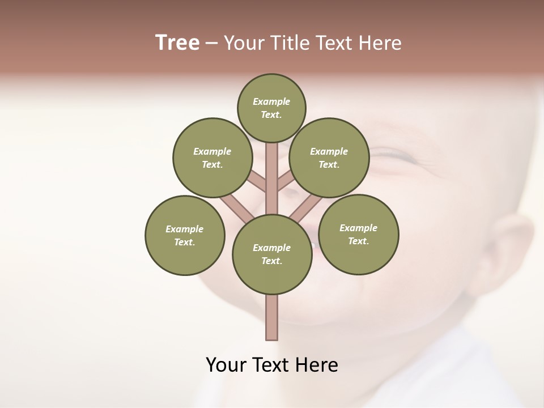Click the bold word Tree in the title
point(177,43)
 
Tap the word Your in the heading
point(244,43)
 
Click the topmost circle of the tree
point(271,108)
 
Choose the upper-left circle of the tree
point(212,158)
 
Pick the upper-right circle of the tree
point(329,158)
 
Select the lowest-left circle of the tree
point(185,235)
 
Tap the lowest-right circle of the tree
point(358,234)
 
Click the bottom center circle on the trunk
point(272,254)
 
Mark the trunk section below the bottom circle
point(272,317)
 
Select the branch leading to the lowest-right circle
point(304,209)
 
